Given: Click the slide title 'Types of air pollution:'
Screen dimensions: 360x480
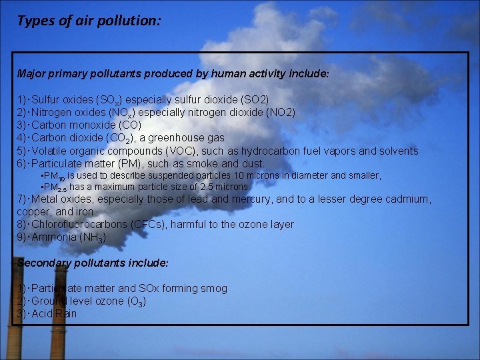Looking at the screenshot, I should tap(89, 20).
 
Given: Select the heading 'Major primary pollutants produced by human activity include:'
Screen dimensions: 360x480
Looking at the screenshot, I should tap(173, 74).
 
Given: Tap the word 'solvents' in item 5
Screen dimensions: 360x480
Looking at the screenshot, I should tap(397, 151).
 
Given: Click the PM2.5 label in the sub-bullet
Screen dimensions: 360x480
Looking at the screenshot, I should tap(55, 187).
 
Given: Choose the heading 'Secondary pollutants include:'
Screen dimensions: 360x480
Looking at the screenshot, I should tap(93, 263).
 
